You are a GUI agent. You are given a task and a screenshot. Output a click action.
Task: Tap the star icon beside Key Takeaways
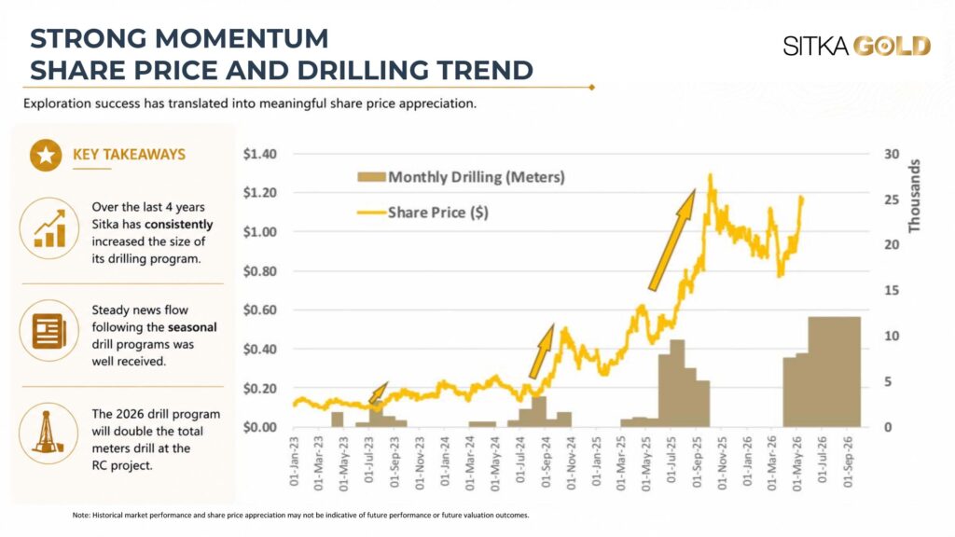coord(46,156)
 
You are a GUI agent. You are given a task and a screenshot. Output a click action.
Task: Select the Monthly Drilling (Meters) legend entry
coord(461,177)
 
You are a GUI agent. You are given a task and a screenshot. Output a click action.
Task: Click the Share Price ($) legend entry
coord(422,213)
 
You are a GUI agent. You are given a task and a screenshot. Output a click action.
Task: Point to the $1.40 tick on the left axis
coord(260,154)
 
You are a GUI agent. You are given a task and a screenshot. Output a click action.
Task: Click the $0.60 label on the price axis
coord(260,310)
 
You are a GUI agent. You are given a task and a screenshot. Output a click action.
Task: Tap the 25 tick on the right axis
coord(892,200)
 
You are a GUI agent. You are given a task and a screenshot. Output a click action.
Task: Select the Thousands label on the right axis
coord(914,196)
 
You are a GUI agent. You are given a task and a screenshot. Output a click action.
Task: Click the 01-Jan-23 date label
coord(294,461)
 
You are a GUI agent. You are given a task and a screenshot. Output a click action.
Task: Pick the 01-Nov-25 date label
coord(723,462)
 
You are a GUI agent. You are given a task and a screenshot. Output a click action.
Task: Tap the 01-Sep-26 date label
coord(849,462)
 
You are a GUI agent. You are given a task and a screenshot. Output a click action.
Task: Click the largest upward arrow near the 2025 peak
coord(671,241)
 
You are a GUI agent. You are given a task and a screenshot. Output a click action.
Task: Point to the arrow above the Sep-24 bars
coord(541,351)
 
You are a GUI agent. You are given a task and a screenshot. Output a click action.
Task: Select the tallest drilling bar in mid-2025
coord(677,383)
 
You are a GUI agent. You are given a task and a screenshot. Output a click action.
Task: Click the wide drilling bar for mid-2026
coord(834,371)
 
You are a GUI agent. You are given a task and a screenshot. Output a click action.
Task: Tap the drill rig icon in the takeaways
coord(48,433)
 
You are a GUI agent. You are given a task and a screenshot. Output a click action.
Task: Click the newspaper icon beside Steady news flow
coord(49,331)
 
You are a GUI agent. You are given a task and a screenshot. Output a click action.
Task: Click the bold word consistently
coord(179,225)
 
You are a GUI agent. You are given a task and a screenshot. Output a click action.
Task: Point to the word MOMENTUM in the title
coord(242,38)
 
